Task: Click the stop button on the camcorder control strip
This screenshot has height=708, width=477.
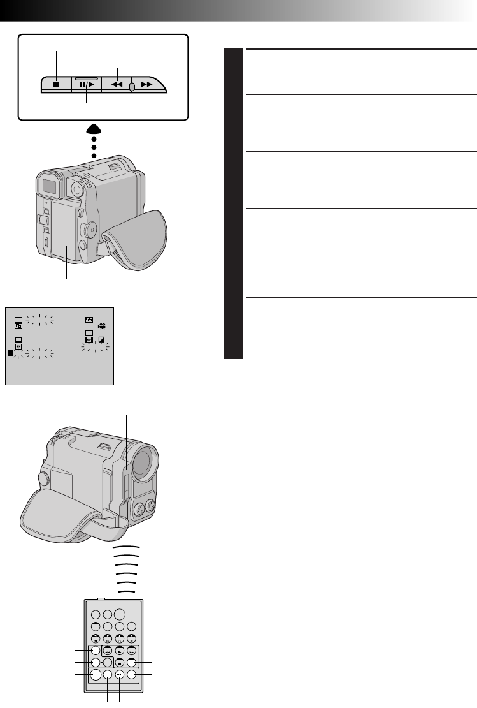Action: tap(56, 83)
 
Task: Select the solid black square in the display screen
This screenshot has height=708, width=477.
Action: tap(11, 352)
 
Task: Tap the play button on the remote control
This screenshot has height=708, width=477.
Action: tap(119, 651)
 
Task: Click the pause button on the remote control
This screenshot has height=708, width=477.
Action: tap(131, 663)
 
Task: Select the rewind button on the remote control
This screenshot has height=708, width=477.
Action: tap(108, 651)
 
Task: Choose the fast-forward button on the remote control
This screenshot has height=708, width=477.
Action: tap(131, 651)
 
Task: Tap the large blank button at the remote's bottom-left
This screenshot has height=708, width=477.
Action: tap(96, 675)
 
